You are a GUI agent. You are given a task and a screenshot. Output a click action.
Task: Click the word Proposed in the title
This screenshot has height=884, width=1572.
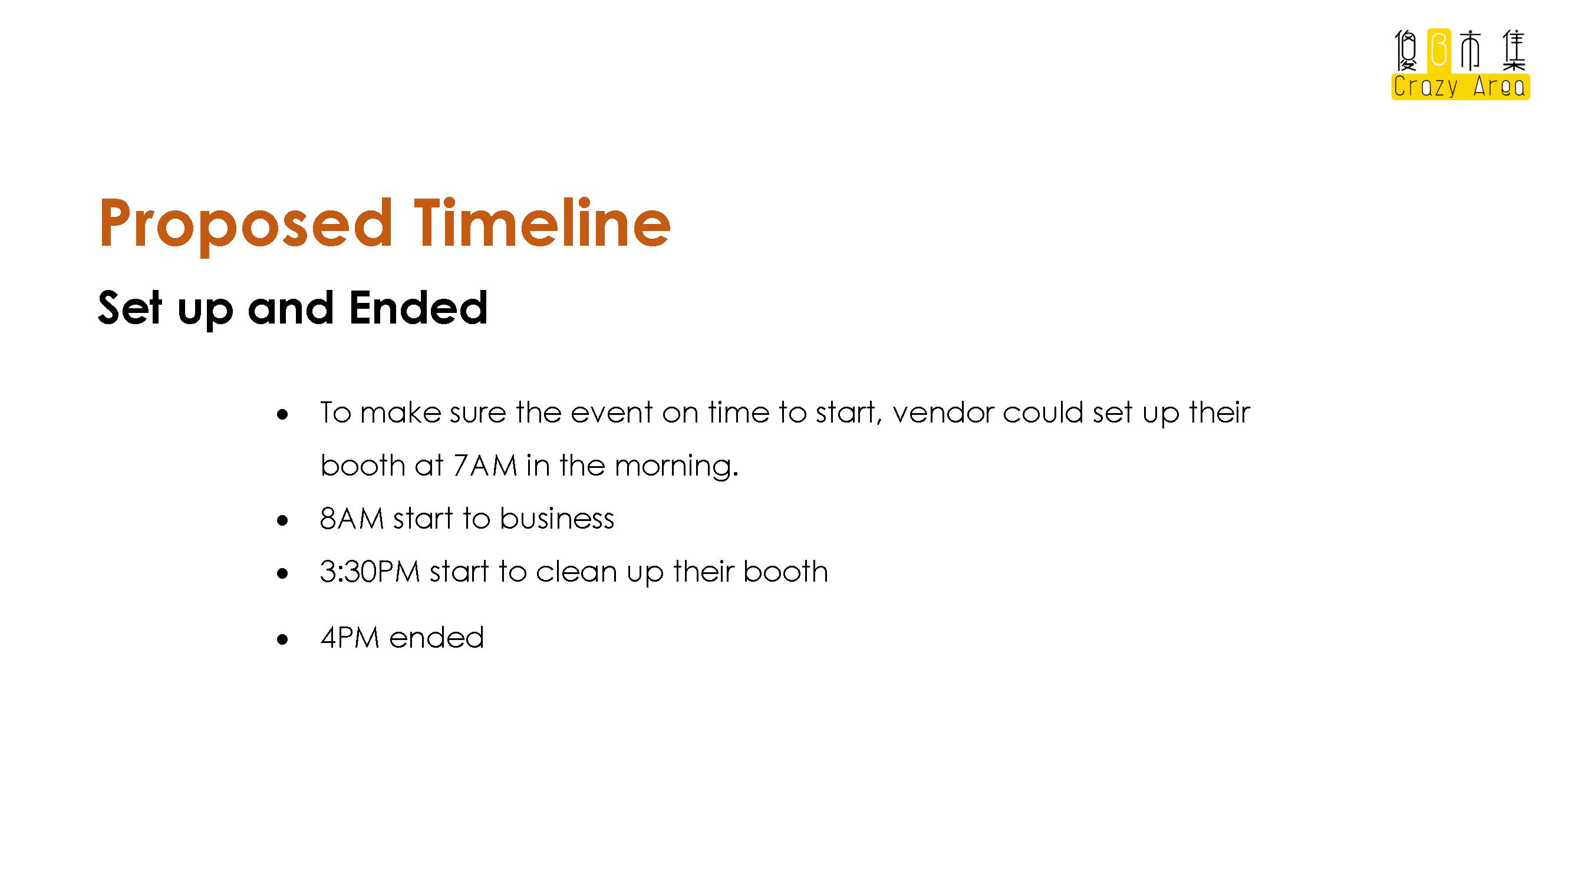[x=245, y=225]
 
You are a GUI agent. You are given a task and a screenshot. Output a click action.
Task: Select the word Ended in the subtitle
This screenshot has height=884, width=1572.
[x=418, y=308]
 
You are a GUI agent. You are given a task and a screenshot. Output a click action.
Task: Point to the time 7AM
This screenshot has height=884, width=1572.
[x=485, y=466]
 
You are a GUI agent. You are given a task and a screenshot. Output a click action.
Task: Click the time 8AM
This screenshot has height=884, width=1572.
[x=352, y=519]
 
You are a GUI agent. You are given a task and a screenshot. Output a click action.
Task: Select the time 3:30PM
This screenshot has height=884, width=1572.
[x=370, y=572]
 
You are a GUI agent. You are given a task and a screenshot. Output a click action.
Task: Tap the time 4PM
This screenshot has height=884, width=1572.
[x=350, y=638]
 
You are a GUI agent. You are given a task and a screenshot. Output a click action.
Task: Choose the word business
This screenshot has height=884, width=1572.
[x=557, y=519]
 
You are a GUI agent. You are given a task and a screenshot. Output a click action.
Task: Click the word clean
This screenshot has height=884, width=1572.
[x=576, y=572]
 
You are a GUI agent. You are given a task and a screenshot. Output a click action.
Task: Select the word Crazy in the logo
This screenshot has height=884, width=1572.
[x=1426, y=86]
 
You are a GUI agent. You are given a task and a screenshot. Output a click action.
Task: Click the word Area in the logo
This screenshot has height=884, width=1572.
[x=1500, y=86]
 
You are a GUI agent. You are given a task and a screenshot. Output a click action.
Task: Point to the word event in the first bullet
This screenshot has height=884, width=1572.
[x=612, y=413]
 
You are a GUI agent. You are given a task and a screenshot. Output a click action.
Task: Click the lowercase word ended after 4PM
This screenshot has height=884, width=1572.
[x=436, y=638]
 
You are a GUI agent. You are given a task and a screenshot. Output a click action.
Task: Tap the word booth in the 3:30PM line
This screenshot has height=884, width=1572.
[x=785, y=572]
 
